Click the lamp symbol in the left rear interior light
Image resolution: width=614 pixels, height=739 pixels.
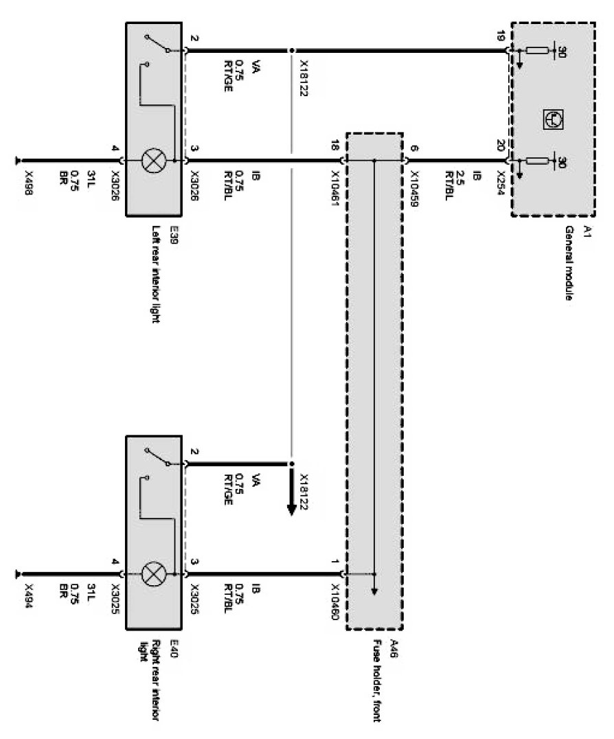pos(151,162)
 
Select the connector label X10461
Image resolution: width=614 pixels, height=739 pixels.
pos(334,183)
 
